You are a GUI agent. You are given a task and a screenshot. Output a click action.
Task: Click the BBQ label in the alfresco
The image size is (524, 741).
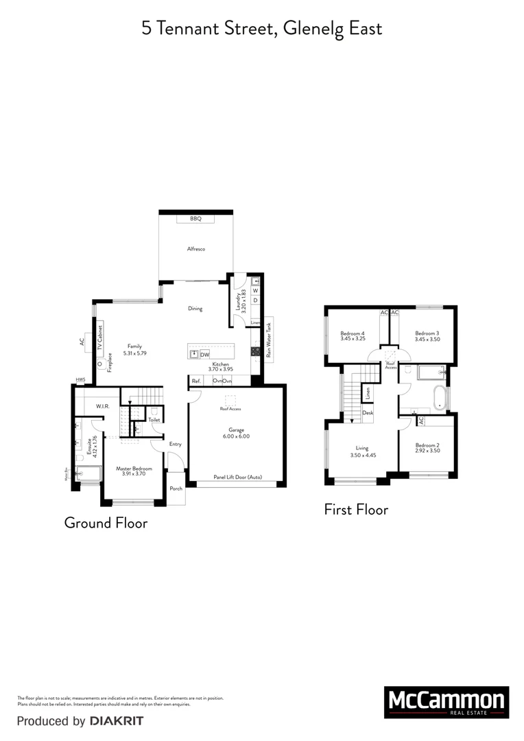(195, 219)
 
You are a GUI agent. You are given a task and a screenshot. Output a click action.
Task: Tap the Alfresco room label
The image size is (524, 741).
(196, 249)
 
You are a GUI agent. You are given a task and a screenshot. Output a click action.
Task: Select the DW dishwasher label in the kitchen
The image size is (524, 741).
(204, 354)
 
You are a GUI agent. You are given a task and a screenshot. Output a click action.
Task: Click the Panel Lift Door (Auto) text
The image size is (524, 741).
(237, 477)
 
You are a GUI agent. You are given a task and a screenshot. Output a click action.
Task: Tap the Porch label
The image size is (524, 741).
(176, 489)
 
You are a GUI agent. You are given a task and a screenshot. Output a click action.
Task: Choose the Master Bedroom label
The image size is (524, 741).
(133, 468)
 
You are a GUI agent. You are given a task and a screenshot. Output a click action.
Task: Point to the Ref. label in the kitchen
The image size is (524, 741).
(196, 381)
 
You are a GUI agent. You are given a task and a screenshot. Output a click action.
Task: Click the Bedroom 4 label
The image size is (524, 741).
(352, 333)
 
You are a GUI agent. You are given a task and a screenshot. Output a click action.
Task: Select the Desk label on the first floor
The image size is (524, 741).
(368, 413)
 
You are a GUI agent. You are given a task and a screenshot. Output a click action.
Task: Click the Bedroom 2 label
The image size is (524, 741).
(427, 446)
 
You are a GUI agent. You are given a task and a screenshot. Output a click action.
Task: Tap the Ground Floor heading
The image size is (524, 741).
(106, 523)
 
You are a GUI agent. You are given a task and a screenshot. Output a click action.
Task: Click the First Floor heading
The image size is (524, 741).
(356, 510)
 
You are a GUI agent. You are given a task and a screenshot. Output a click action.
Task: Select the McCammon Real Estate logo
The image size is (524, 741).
(446, 702)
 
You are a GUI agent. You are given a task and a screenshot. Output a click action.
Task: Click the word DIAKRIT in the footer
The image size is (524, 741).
(116, 721)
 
